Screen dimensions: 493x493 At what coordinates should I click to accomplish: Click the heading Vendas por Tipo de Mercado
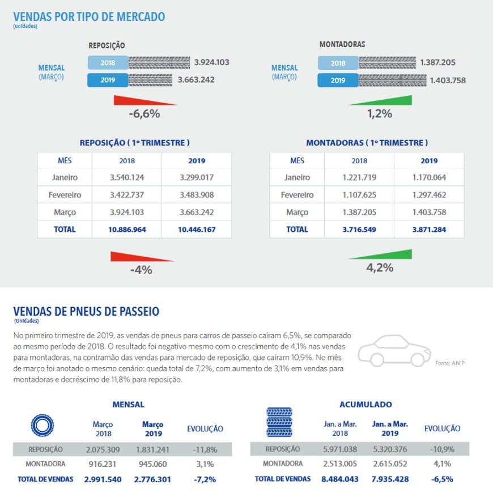(89, 17)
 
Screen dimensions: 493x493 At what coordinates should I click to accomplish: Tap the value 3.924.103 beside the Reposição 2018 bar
(211, 62)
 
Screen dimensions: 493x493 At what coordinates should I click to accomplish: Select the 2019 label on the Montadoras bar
(338, 80)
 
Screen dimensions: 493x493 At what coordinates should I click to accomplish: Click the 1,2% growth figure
(380, 113)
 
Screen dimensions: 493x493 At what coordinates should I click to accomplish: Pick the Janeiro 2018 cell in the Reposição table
(127, 177)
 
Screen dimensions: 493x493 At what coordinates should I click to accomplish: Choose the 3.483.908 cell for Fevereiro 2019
(197, 195)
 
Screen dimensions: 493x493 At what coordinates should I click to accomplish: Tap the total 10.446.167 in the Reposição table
(197, 229)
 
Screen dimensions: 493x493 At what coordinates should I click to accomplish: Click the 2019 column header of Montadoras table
(429, 161)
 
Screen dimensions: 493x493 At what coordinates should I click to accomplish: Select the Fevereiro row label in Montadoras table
(297, 195)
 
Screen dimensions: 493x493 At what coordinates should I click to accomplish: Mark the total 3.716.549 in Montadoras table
(359, 229)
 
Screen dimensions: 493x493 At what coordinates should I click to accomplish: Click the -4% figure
(141, 270)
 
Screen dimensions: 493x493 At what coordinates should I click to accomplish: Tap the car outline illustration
(394, 351)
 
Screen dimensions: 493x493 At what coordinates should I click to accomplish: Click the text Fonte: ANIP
(449, 363)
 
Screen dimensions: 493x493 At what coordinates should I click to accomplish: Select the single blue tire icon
(42, 426)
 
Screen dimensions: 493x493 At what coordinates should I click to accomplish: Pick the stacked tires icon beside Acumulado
(279, 422)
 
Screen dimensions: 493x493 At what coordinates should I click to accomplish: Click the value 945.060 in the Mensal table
(152, 464)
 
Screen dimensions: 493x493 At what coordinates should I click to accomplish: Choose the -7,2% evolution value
(205, 479)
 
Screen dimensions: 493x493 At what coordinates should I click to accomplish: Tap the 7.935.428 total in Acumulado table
(390, 479)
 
